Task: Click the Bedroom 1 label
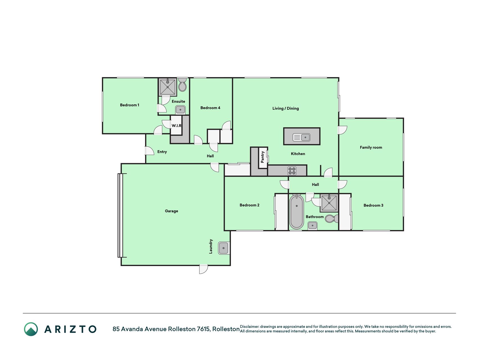129,105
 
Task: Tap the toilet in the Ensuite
182,85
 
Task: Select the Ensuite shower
168,87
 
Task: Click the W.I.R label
177,125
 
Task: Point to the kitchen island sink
301,137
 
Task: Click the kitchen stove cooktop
292,171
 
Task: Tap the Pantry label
263,157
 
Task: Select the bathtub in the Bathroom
297,212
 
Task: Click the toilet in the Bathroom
332,219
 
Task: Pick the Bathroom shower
329,203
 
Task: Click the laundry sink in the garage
224,248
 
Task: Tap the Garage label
172,211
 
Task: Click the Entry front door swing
150,151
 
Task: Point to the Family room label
371,147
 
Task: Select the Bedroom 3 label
373,205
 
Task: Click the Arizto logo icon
31,329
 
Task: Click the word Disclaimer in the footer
249,327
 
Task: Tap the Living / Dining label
286,108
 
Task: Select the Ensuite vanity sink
180,110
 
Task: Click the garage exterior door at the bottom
203,269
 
